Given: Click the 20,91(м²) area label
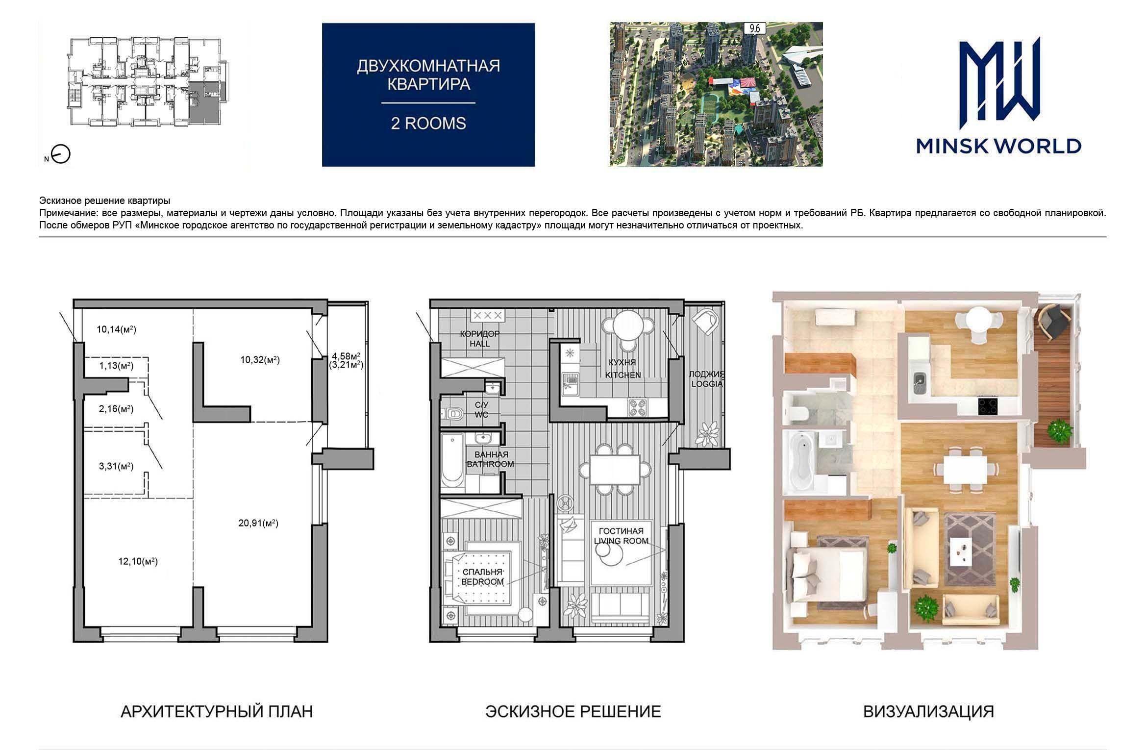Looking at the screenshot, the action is (x=258, y=523).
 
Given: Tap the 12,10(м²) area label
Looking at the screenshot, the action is (x=138, y=561).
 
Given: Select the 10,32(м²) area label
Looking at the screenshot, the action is (x=260, y=360).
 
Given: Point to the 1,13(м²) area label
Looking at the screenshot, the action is (x=116, y=365).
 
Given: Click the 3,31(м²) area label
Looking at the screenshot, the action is (x=116, y=466).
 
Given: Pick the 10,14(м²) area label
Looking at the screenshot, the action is (x=116, y=329).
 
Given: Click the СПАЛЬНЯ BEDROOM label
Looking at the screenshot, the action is (x=482, y=577).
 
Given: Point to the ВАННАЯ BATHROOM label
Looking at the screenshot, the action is (x=491, y=459).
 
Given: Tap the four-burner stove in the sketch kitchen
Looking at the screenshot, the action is (x=637, y=408).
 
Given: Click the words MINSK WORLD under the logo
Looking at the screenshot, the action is (x=998, y=146).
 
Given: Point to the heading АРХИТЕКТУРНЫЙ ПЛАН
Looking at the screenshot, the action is (x=217, y=711).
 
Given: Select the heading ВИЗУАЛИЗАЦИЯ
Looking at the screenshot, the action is (x=928, y=711).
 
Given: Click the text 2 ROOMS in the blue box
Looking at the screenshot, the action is (x=428, y=123).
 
